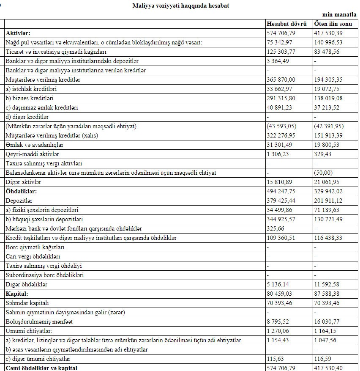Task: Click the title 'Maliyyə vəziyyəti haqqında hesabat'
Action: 181,6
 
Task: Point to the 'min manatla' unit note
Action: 342,14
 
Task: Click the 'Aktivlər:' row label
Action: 18,33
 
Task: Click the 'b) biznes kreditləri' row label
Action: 31,98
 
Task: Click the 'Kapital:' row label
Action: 17,294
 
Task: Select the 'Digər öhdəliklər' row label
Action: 27,284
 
